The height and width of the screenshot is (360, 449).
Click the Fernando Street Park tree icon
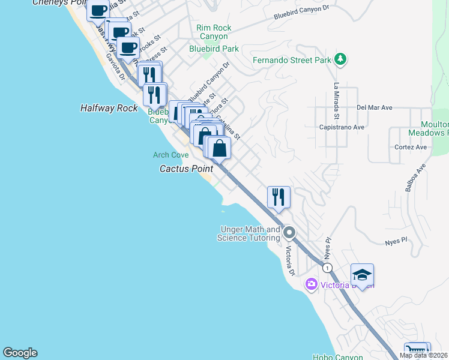[x=341, y=59]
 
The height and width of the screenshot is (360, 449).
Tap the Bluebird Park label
[x=214, y=49]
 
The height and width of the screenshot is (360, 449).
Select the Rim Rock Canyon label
[x=214, y=32]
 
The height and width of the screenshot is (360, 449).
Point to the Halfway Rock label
[x=109, y=108]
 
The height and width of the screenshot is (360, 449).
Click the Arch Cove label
[x=170, y=155]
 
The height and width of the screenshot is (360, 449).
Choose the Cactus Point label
[x=186, y=169]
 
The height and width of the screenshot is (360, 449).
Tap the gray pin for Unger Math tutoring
[x=289, y=232]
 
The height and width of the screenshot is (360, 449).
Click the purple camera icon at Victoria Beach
[x=311, y=284]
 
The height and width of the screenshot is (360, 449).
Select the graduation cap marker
[x=362, y=275]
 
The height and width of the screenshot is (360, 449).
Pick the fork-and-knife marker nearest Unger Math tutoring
[x=279, y=197]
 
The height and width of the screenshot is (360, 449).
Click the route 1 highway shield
[x=327, y=266]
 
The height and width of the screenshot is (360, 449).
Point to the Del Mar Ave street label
[x=374, y=108]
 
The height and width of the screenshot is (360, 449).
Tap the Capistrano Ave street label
[x=359, y=127]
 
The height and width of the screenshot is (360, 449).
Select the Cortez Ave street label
[x=411, y=147]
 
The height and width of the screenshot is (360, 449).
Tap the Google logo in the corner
[x=20, y=353]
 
